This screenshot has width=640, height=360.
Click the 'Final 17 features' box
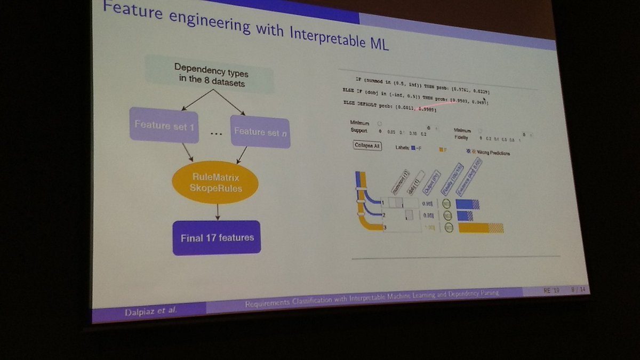click(x=217, y=237)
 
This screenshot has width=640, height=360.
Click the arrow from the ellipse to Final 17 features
click(x=217, y=212)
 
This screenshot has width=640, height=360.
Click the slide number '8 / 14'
click(x=578, y=290)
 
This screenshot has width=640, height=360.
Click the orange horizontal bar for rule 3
click(x=474, y=228)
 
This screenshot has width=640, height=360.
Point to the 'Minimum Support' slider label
click(x=359, y=126)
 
